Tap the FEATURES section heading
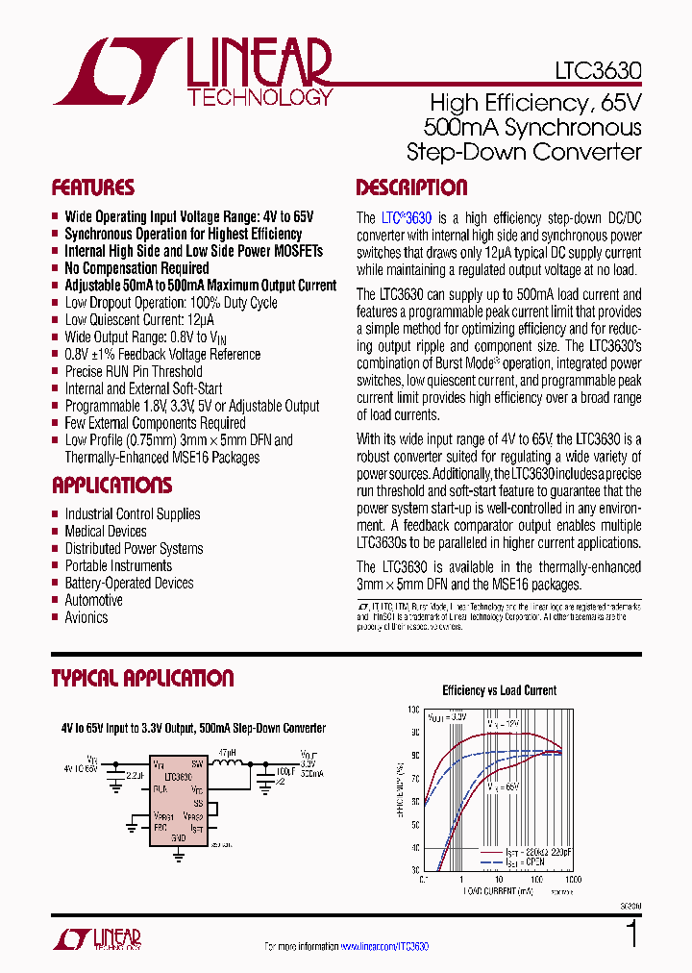click(x=93, y=187)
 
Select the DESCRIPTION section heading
click(x=411, y=187)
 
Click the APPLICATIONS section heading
click(x=111, y=485)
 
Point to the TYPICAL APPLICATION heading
click(x=142, y=678)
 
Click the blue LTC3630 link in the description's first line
click(x=407, y=218)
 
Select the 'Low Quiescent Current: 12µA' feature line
click(x=139, y=320)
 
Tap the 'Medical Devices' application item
click(x=106, y=532)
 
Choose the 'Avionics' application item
click(x=86, y=618)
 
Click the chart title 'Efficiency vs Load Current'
click(x=499, y=690)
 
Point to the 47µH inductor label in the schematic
click(x=228, y=751)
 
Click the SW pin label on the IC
click(x=196, y=764)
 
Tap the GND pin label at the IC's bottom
click(x=178, y=837)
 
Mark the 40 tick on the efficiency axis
click(x=414, y=846)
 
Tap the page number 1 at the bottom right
click(x=630, y=935)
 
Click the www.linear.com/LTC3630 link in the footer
click(x=384, y=948)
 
